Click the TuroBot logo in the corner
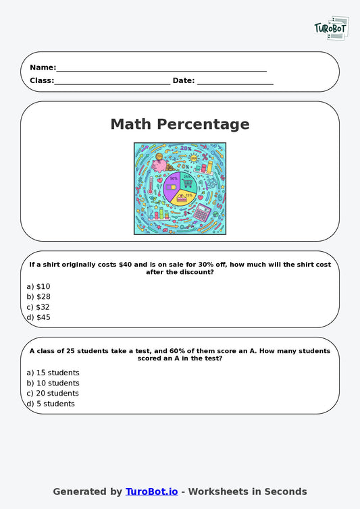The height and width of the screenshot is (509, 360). tap(331, 28)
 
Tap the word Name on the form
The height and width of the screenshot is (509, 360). tap(42, 68)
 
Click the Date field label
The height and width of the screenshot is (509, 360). tap(183, 81)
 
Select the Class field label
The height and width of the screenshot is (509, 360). tap(41, 81)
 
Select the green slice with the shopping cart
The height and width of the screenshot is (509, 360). tap(188, 182)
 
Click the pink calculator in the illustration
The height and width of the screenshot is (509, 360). tap(202, 213)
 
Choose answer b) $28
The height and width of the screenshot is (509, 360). tap(38, 296)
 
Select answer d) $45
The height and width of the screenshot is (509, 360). tap(38, 317)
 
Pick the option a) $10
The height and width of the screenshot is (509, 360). tap(38, 286)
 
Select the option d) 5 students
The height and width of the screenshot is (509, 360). tap(51, 404)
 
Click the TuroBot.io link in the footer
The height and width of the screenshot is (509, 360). tap(151, 491)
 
